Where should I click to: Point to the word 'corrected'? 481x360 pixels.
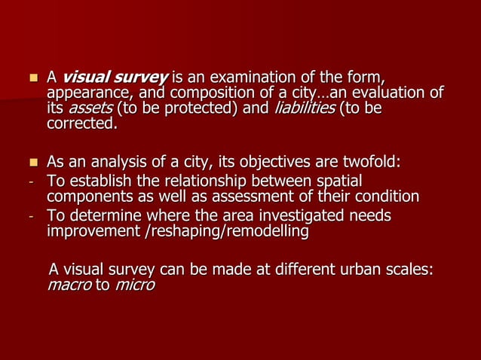pyautogui.click(x=81, y=124)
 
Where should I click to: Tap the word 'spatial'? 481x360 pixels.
pyautogui.click(x=337, y=181)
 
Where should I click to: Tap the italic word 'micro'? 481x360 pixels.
pyautogui.click(x=133, y=285)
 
